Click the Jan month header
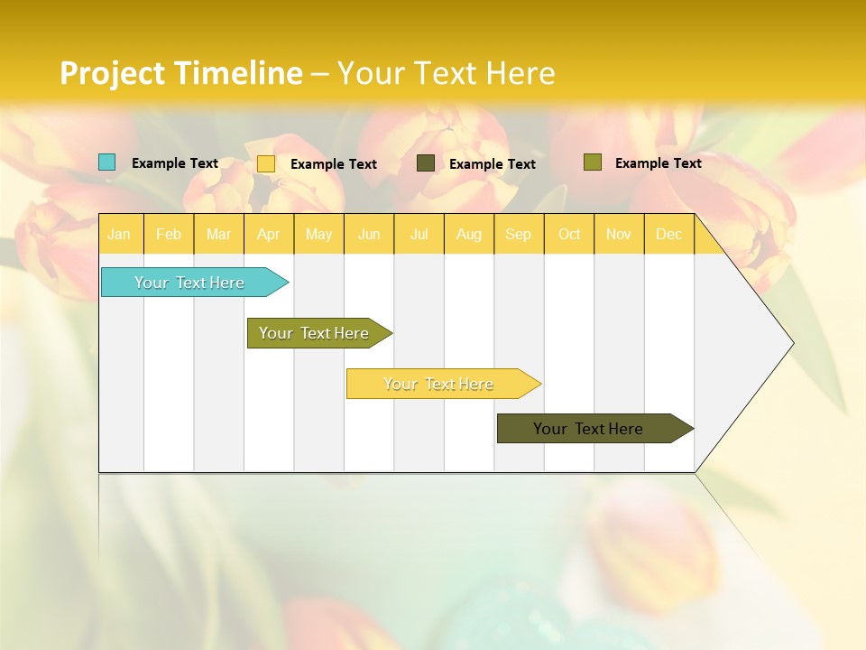coord(119,235)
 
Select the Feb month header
coord(169,235)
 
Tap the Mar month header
coord(218,235)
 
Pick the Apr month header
coord(268,235)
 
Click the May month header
coord(318,235)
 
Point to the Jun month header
coord(369,235)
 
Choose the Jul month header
coord(419,235)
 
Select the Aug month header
coord(468,235)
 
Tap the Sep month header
coord(518,235)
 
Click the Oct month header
coord(569,235)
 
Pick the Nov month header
coord(619,235)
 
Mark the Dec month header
coord(668,235)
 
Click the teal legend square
coord(107,162)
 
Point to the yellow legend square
coord(266,163)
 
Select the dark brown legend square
coord(426,162)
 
